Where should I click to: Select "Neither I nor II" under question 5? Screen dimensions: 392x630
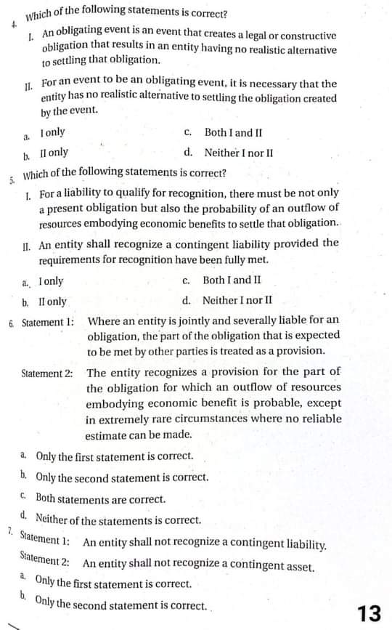(237, 300)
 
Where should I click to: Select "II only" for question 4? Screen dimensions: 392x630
(54, 153)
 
